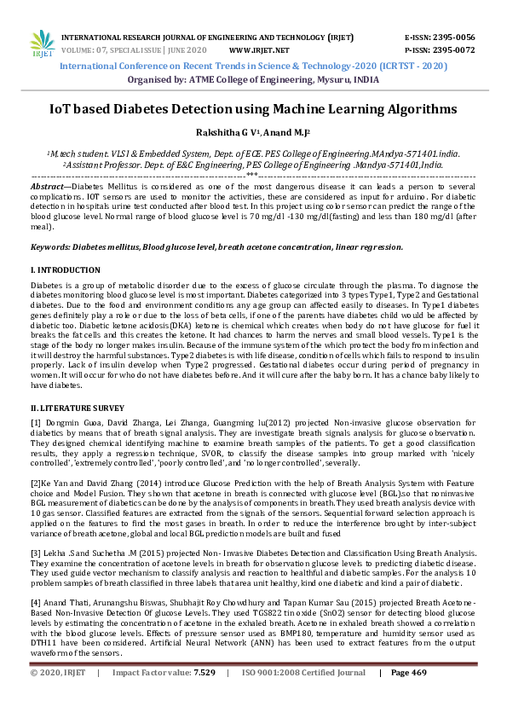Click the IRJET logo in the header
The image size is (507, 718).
(x=42, y=43)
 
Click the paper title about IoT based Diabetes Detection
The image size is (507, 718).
(x=253, y=110)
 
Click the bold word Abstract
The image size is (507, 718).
(x=48, y=185)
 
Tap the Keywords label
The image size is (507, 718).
(x=51, y=246)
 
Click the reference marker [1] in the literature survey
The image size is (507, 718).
(x=36, y=424)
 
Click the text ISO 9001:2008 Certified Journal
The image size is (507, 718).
(x=305, y=696)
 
